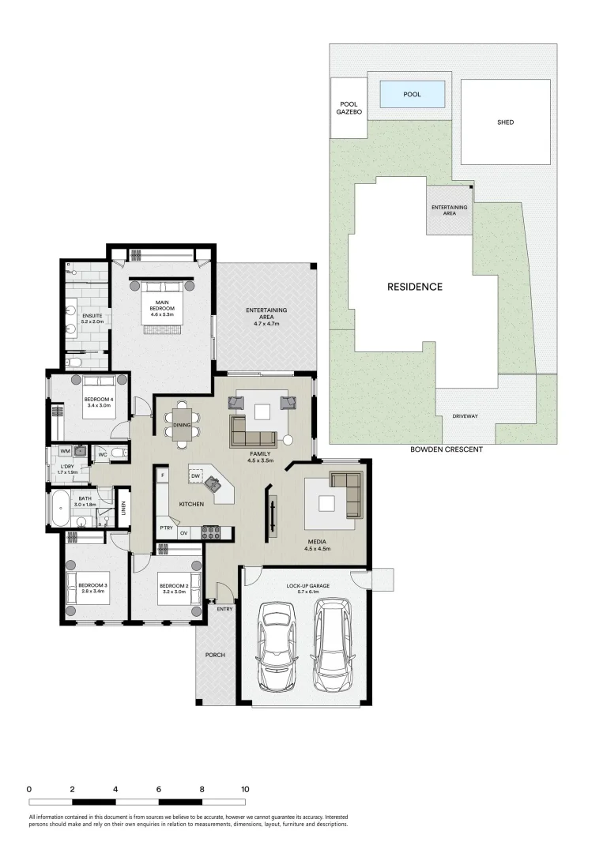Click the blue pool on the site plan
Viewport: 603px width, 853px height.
[412, 95]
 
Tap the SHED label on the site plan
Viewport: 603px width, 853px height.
[505, 122]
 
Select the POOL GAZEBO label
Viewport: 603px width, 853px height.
[349, 108]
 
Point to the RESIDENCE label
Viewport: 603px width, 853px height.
[414, 287]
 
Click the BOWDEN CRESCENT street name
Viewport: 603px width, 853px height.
[447, 449]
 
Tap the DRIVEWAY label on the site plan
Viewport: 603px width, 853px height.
[464, 416]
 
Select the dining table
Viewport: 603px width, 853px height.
[183, 424]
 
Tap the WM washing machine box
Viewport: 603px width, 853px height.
[65, 452]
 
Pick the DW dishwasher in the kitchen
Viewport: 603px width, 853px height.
[194, 476]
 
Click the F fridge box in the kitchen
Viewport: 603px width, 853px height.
[162, 475]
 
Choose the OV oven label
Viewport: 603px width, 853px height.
[183, 533]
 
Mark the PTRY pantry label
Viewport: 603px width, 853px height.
[166, 528]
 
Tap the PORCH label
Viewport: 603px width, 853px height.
[215, 655]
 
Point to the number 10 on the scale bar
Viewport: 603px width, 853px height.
[245, 789]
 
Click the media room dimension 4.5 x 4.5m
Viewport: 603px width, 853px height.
[318, 548]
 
